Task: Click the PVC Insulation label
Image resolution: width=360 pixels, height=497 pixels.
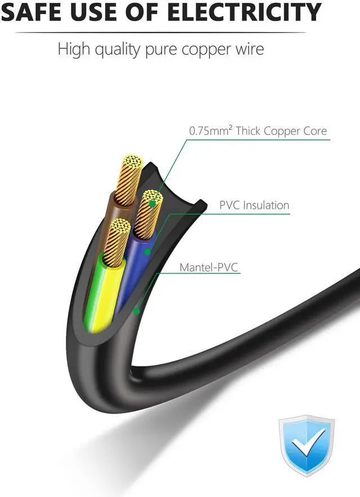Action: [254, 205]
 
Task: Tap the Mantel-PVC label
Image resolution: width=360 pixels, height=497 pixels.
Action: [210, 267]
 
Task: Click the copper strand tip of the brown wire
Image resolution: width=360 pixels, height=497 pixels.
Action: [132, 163]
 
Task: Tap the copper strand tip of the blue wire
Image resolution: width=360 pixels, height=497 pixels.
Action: [152, 200]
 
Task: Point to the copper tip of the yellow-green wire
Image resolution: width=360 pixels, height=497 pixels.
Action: [120, 228]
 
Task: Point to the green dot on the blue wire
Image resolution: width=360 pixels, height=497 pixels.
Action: [147, 252]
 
